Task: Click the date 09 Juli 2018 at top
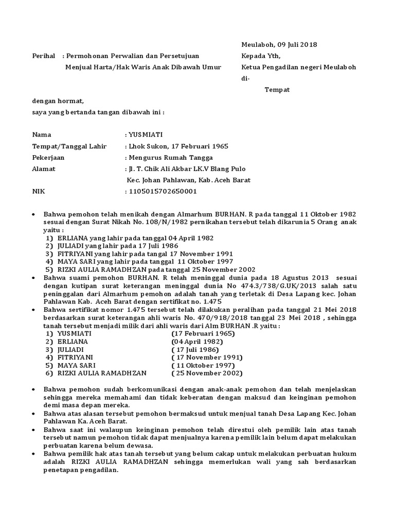pos(297,44)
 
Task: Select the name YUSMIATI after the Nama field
pos(146,135)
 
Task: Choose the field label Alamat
pos(44,169)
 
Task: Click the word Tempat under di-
pos(277,89)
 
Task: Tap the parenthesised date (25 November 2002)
pos(207,373)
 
